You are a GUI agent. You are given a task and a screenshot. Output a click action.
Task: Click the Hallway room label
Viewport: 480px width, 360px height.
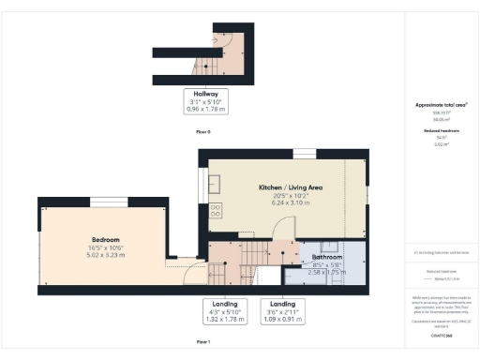point(205,94)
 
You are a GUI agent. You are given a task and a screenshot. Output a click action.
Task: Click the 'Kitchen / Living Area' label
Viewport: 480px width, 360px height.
point(290,187)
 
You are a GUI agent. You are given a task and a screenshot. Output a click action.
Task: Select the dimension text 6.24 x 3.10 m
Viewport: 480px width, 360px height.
point(290,202)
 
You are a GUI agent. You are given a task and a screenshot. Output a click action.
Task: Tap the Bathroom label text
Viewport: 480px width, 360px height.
point(326,256)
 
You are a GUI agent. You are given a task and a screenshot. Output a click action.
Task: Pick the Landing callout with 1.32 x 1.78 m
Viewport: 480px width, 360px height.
point(223,312)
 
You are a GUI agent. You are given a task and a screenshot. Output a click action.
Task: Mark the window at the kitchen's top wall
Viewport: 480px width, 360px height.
point(303,152)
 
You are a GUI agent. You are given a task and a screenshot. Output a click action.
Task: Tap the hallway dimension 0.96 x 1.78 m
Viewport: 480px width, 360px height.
point(205,109)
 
